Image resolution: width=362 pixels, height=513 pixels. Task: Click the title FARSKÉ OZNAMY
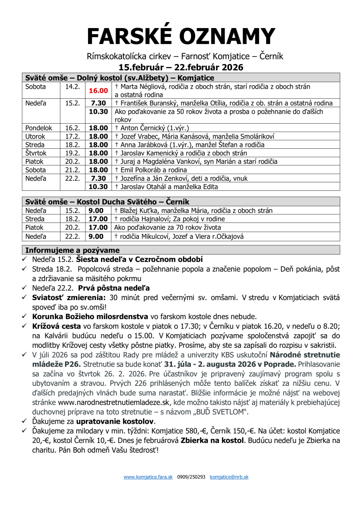181,36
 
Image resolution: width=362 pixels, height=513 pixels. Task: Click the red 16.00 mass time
98,91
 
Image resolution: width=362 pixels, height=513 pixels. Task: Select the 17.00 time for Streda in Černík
98,219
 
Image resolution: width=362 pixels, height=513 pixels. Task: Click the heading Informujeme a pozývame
72,250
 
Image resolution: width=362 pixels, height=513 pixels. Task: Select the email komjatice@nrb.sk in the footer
229,477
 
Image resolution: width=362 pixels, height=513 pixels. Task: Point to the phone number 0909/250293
191,477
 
